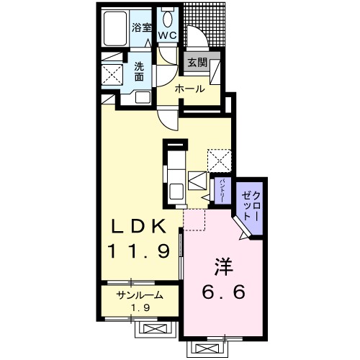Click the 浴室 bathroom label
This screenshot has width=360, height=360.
pos(142,27)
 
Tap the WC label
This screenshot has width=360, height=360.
pos(168,36)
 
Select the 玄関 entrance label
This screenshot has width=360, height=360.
pos(197,63)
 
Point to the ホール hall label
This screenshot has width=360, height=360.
pos(190,89)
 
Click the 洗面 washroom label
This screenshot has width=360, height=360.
pos(139,71)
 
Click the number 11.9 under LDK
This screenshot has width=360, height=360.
pos(140,251)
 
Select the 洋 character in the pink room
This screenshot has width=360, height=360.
pos(224,267)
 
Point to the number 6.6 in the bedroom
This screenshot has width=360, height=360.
pos(224,292)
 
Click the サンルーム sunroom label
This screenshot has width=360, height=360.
pos(140,295)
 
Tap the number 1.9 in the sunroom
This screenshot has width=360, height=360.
pos(140,307)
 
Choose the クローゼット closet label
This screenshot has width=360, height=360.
pos(251,206)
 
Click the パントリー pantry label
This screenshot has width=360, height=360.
pos(222,190)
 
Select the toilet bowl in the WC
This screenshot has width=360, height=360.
pos(168,19)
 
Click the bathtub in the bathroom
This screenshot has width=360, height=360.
pos(115,29)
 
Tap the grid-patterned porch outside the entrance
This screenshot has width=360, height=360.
pos(204,24)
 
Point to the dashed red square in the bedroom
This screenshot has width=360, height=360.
pos(194,220)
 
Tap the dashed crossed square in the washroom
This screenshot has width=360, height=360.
pos(112,74)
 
